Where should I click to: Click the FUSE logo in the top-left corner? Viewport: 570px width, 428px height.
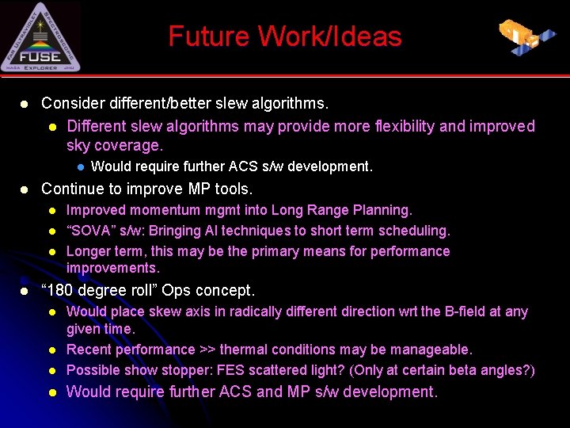pyautogui.click(x=40, y=37)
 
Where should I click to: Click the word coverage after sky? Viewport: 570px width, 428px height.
pyautogui.click(x=127, y=145)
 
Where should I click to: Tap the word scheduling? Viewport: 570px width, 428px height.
pyautogui.click(x=413, y=231)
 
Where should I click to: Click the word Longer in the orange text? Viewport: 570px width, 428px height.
pyautogui.click(x=88, y=251)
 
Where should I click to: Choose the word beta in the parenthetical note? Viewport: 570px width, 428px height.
pyautogui.click(x=468, y=370)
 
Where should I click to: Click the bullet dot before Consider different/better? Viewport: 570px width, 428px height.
pyautogui.click(x=25, y=104)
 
